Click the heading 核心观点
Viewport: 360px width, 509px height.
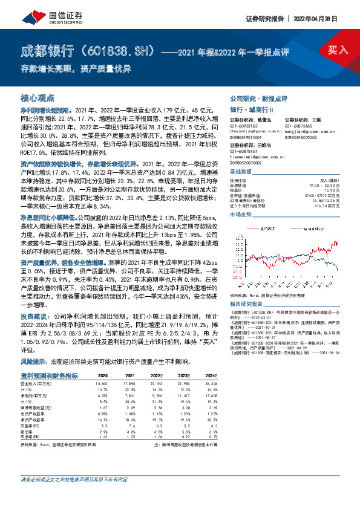[x=38, y=98]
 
